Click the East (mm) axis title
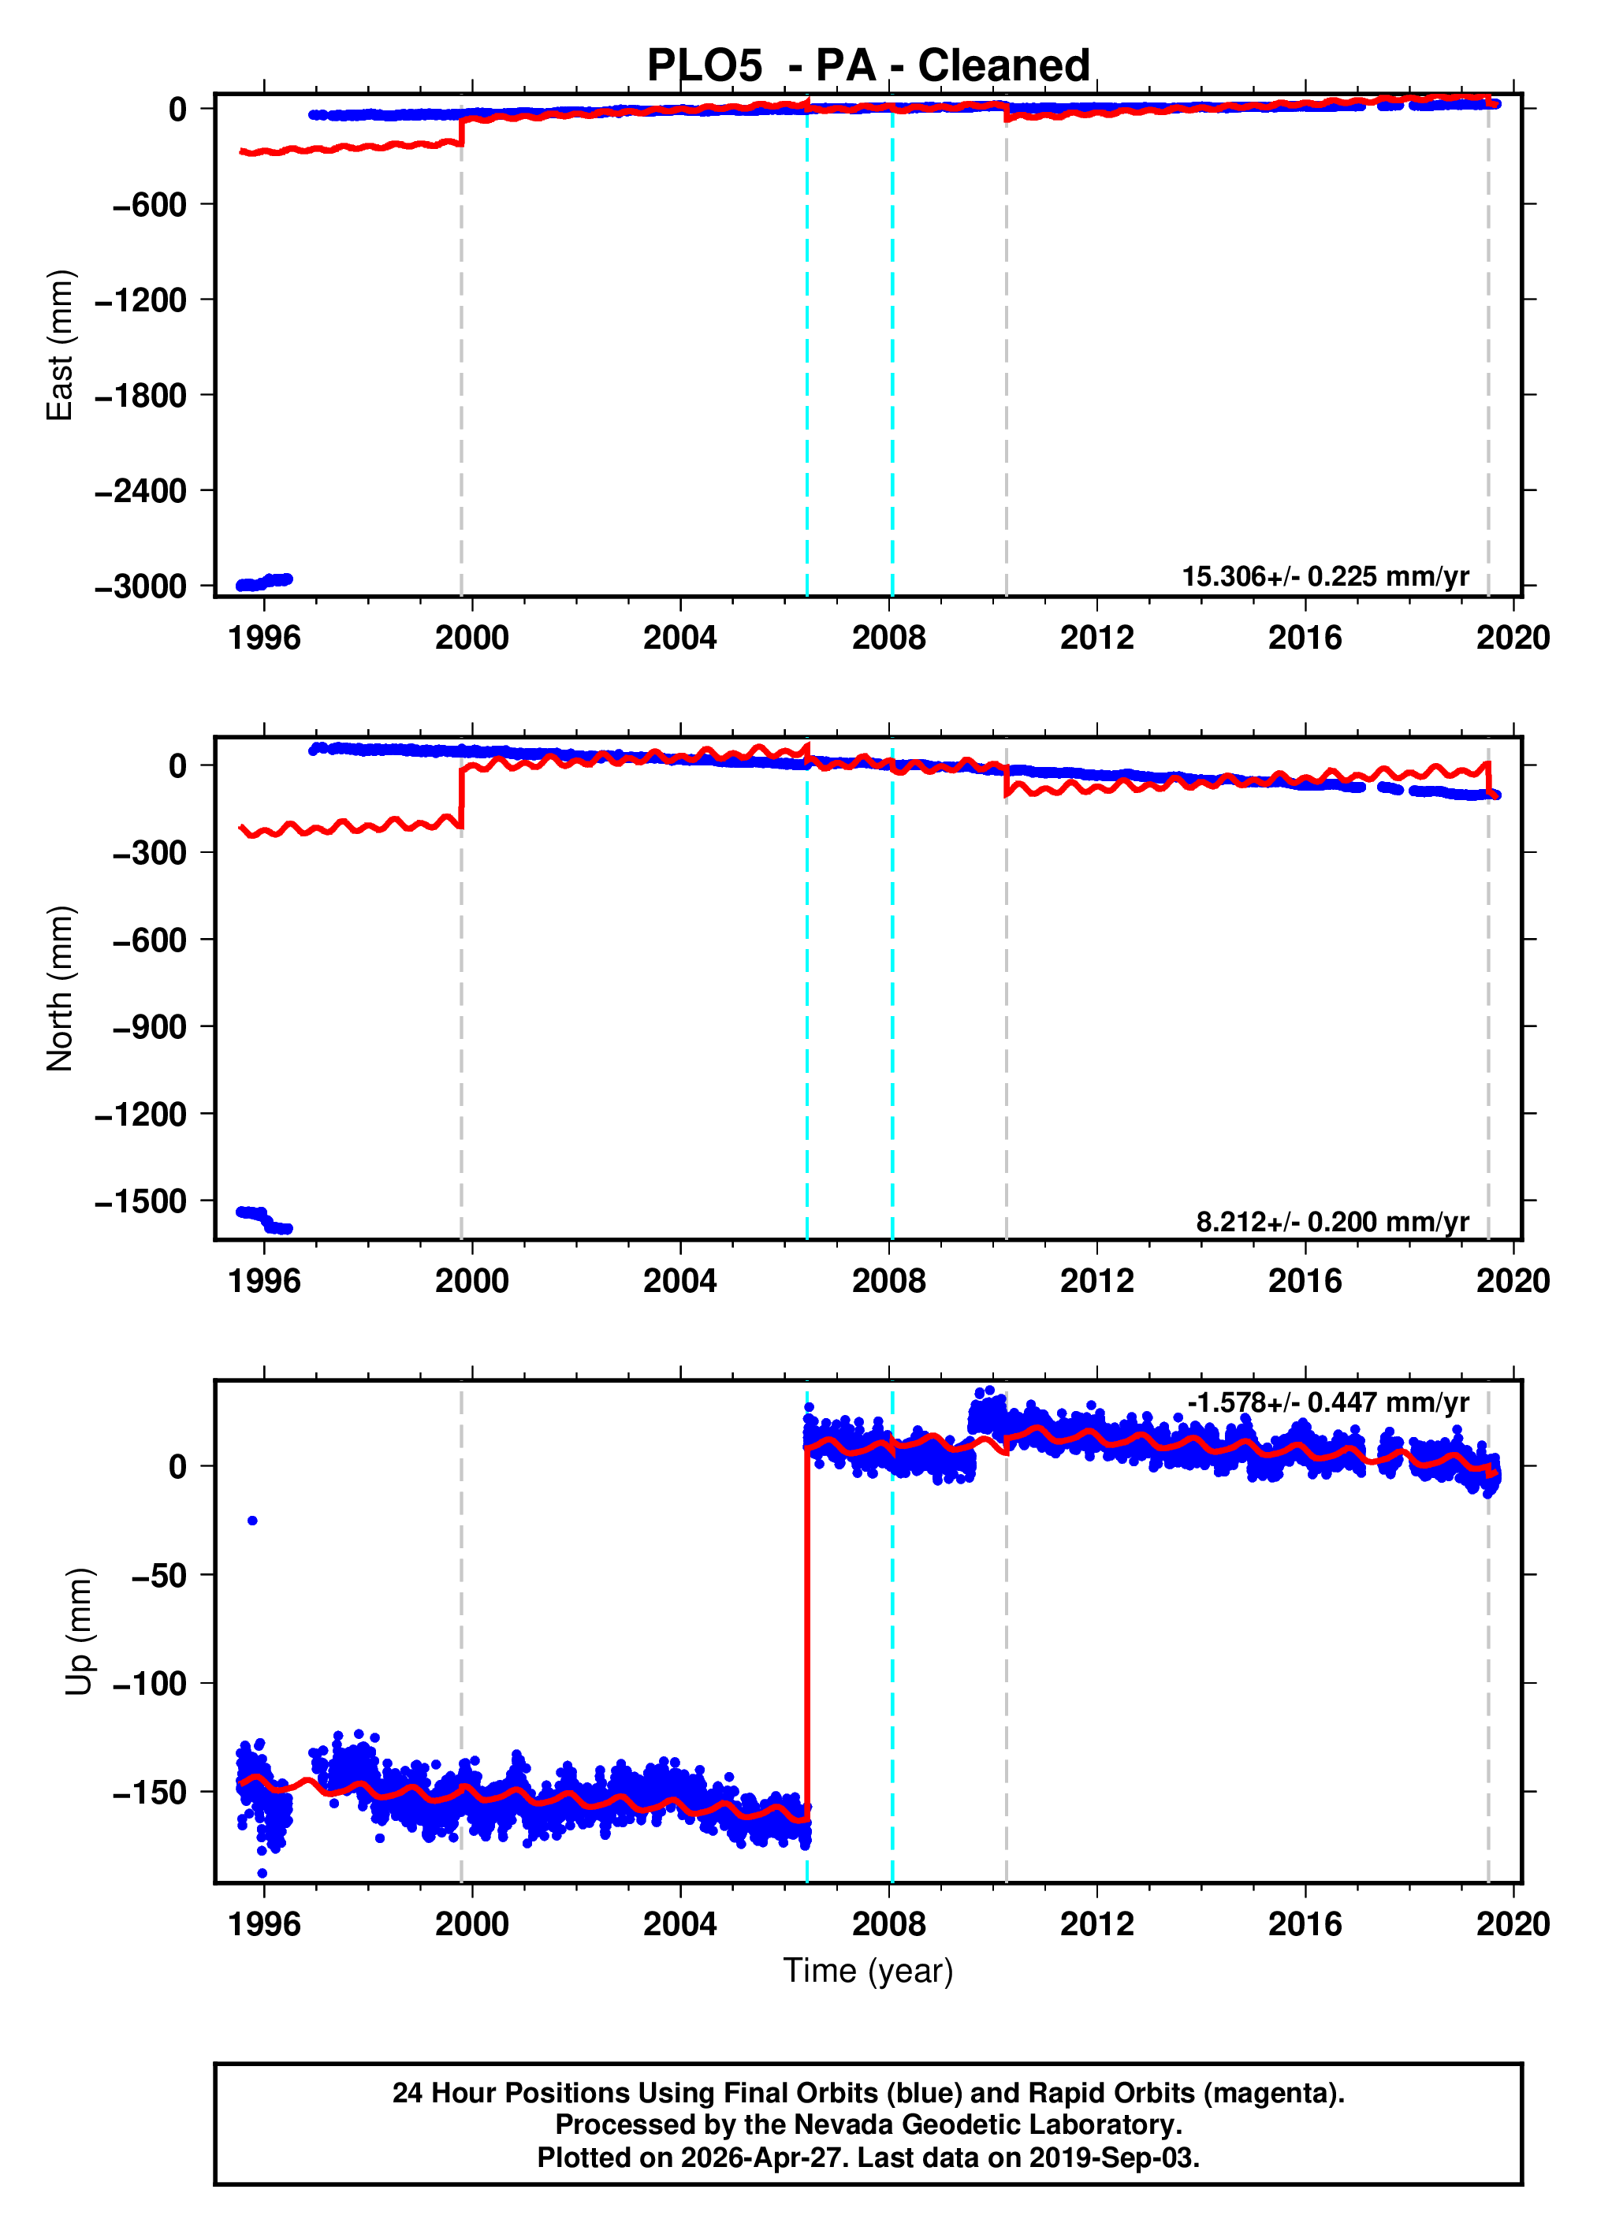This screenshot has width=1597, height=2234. [60, 345]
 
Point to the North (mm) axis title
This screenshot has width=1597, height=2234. [60, 989]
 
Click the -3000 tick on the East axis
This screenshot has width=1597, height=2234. [140, 586]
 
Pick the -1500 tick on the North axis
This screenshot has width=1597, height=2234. [140, 1201]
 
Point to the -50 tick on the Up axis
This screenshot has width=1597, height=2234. [158, 1575]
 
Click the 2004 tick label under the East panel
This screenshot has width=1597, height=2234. [679, 639]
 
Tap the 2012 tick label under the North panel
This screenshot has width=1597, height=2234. [1096, 1281]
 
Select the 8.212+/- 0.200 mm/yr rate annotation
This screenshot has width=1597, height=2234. [1331, 1221]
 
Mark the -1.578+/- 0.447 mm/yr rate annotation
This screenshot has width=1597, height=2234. [1327, 1402]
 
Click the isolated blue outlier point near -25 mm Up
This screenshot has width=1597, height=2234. [253, 1521]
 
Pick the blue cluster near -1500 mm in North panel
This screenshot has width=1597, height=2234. [263, 1220]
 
